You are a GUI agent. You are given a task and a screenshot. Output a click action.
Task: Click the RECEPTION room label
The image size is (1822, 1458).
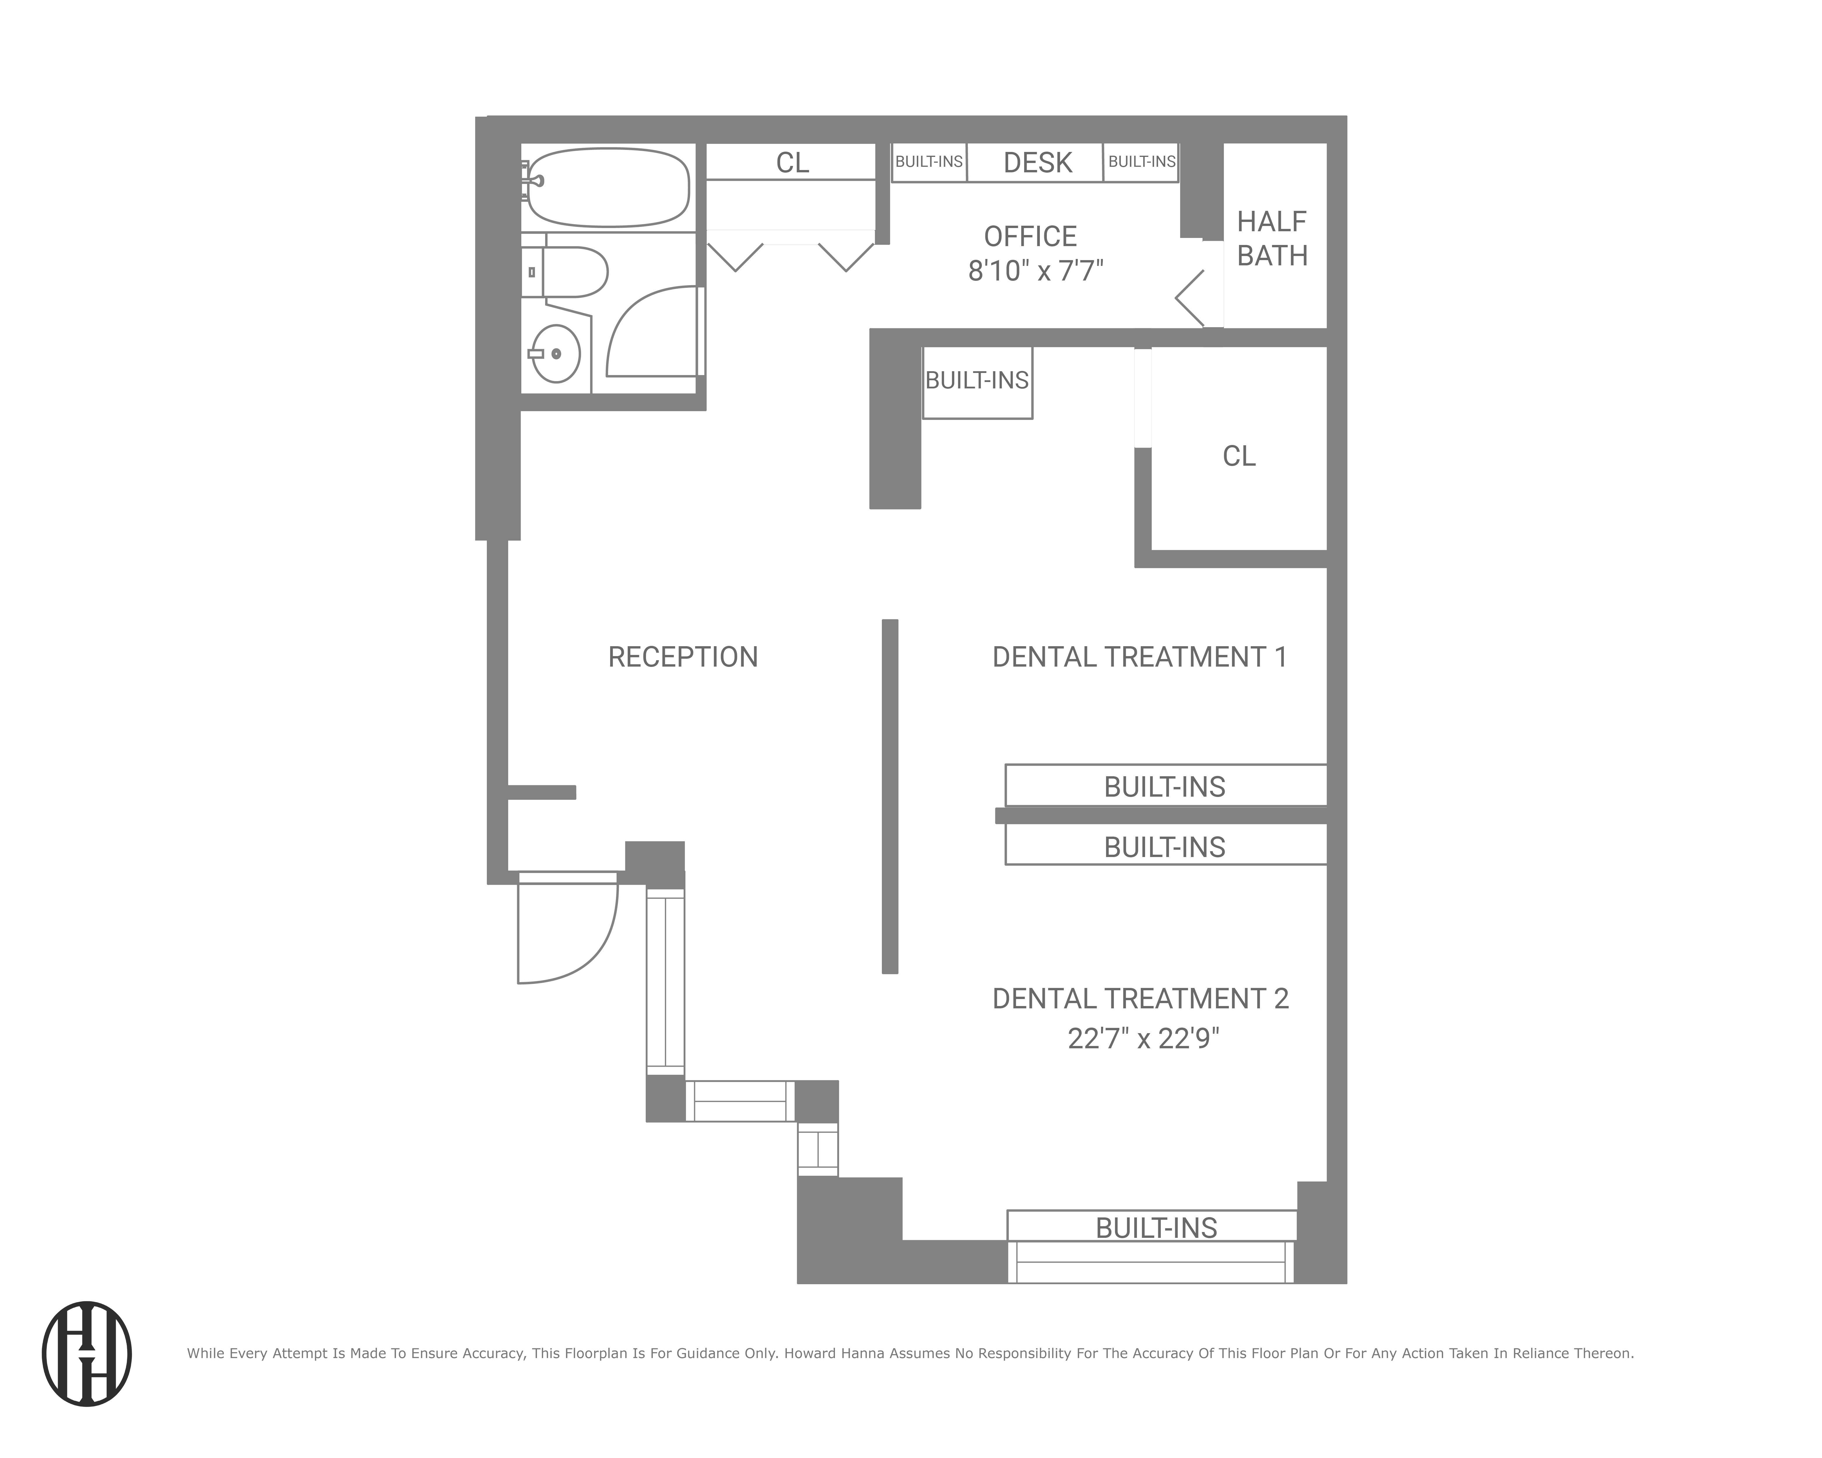pos(683,657)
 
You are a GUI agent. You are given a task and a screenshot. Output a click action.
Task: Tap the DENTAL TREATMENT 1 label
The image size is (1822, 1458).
pos(1139,657)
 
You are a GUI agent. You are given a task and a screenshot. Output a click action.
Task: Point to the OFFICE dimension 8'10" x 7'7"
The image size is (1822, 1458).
pos(1035,271)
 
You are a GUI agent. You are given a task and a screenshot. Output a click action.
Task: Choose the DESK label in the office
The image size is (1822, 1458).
pos(1037,162)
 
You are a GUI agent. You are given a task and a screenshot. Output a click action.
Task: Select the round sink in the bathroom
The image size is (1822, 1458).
pos(556,353)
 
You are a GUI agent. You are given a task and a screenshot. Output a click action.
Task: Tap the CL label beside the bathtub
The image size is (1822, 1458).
pos(792,162)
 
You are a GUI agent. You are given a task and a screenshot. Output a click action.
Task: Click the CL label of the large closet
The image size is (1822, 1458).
pos(1239,455)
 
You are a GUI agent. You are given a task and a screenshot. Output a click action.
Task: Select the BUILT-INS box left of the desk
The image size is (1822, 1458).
pos(929,162)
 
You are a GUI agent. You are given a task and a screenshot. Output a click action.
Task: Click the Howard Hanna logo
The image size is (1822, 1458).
pos(87,1353)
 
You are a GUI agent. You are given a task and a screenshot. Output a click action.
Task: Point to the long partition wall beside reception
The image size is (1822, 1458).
pos(890,796)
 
